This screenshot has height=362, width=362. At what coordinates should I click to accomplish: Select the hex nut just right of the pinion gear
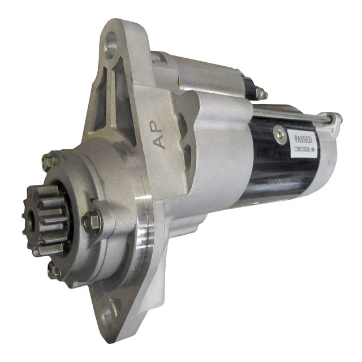[90, 221]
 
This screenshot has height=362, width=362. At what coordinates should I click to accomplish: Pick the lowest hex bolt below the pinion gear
[54, 270]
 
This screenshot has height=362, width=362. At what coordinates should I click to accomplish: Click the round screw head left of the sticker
[279, 133]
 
